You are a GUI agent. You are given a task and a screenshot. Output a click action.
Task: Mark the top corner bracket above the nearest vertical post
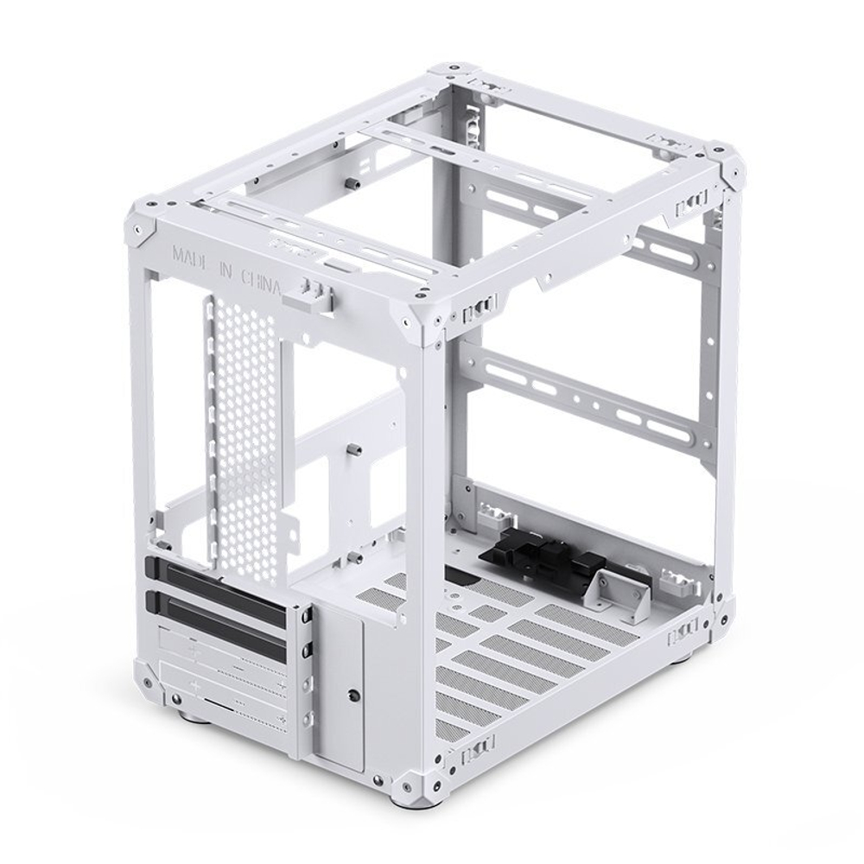[x=432, y=320]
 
